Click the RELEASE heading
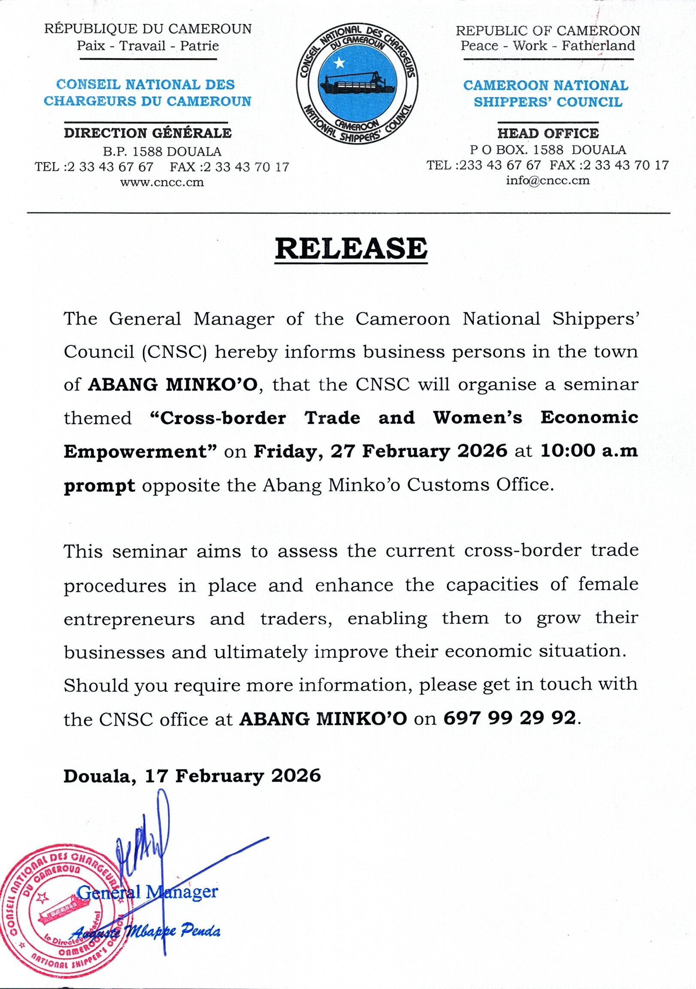(x=351, y=249)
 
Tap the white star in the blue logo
(x=339, y=63)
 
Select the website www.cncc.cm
(x=162, y=182)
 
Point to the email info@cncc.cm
(x=548, y=180)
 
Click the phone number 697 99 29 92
(x=509, y=718)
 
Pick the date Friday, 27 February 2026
(x=380, y=451)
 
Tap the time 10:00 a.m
(x=589, y=451)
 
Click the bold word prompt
(x=100, y=485)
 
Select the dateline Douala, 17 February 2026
(x=192, y=776)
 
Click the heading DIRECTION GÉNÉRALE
(x=148, y=133)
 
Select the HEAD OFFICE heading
(x=548, y=133)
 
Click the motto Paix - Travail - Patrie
(x=148, y=45)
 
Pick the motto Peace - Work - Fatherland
(x=548, y=45)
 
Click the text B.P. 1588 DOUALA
(x=162, y=152)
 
